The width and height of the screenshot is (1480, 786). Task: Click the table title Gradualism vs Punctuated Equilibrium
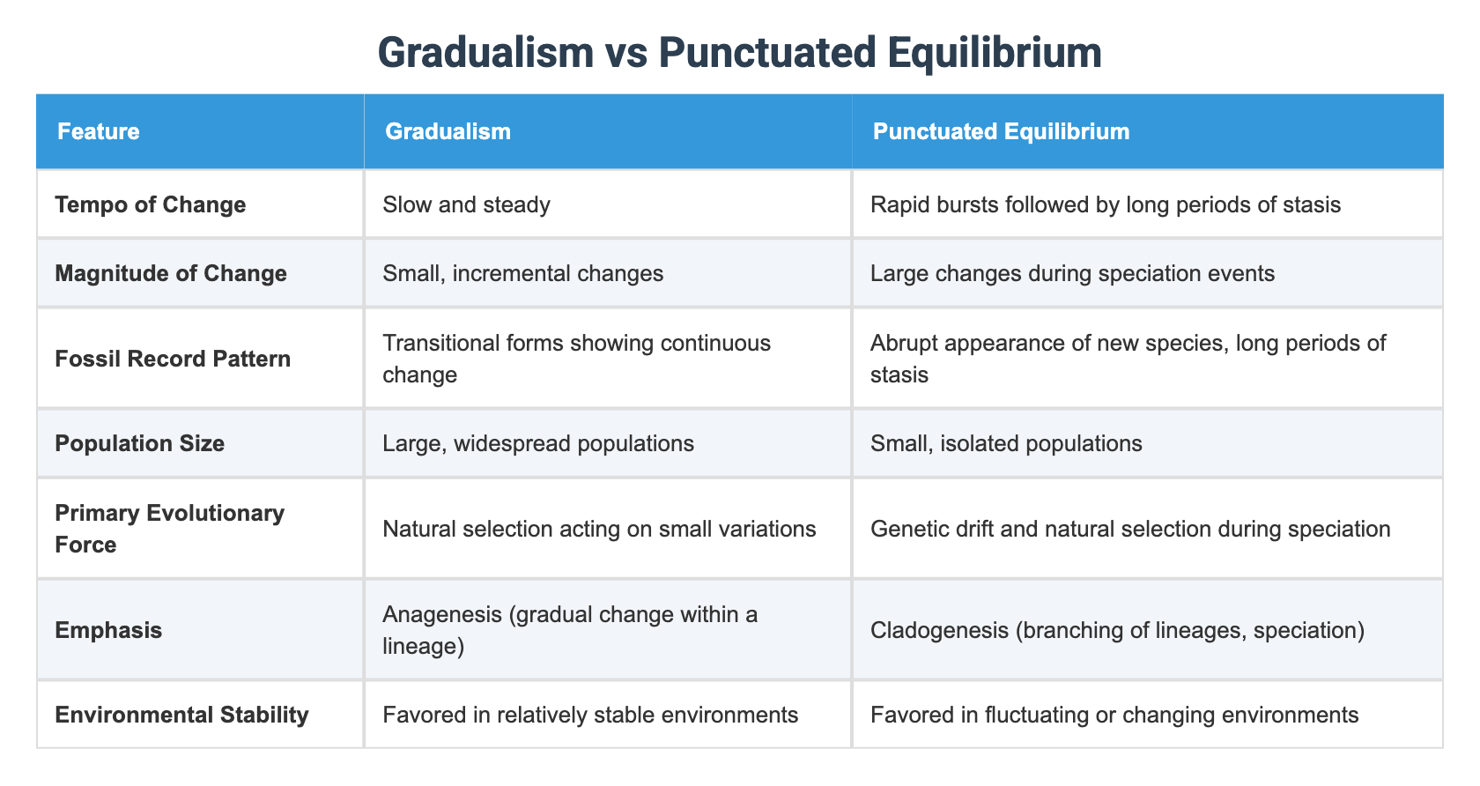pyautogui.click(x=739, y=53)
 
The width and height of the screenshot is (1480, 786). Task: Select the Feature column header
pyautogui.click(x=99, y=131)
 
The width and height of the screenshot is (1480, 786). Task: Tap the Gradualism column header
pyautogui.click(x=448, y=131)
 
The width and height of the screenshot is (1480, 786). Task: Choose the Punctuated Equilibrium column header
pyautogui.click(x=1001, y=131)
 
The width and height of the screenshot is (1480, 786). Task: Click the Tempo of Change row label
pyautogui.click(x=150, y=204)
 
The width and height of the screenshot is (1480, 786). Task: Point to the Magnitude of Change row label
pyautogui.click(x=171, y=273)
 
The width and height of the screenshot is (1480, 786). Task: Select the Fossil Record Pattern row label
pyautogui.click(x=173, y=359)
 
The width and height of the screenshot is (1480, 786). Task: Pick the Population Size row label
pyautogui.click(x=139, y=442)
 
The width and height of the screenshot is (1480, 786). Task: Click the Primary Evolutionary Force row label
pyautogui.click(x=169, y=529)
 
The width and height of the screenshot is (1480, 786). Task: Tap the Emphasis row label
pyautogui.click(x=108, y=630)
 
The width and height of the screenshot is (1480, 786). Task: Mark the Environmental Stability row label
pyautogui.click(x=181, y=714)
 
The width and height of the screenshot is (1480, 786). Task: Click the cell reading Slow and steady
pyautogui.click(x=466, y=204)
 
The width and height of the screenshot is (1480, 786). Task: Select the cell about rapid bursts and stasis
pyautogui.click(x=1105, y=204)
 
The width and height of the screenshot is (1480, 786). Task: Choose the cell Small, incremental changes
pyautogui.click(x=522, y=273)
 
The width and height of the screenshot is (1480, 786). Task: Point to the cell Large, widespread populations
pyautogui.click(x=538, y=442)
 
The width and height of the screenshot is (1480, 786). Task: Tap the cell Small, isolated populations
pyautogui.click(x=1006, y=442)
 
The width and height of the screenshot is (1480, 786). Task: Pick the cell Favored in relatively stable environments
pyautogui.click(x=590, y=714)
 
